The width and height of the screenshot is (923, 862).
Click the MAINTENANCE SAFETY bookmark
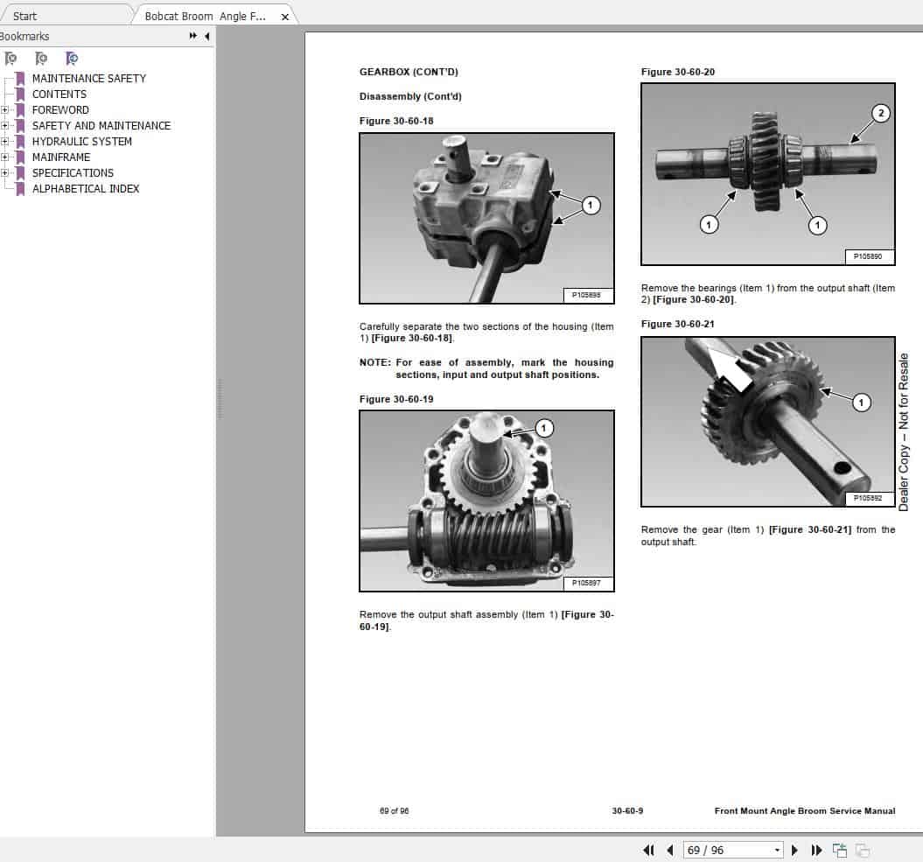tap(88, 78)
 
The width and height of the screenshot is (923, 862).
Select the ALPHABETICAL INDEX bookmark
tap(85, 188)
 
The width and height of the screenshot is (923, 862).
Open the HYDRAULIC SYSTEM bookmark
tap(81, 141)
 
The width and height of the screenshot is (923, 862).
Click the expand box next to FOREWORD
tap(5, 110)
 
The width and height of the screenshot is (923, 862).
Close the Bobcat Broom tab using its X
tap(284, 17)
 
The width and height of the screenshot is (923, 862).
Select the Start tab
tap(25, 16)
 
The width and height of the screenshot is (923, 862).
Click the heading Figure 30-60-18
tap(396, 121)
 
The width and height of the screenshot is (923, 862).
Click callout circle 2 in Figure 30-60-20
tap(881, 113)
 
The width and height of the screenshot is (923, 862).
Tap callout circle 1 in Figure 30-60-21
tap(861, 403)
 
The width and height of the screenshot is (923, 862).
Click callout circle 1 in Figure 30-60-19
tap(544, 428)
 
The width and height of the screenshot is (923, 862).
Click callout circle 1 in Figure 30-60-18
tap(590, 206)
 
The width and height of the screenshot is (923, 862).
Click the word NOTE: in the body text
tap(374, 362)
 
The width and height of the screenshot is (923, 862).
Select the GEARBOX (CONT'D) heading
tap(409, 72)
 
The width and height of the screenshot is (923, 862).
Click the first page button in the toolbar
tap(648, 850)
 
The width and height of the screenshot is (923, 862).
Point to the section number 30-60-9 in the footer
tap(627, 811)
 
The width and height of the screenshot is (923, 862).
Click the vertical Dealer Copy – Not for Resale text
tap(904, 432)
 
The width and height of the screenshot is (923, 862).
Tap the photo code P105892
tap(869, 497)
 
